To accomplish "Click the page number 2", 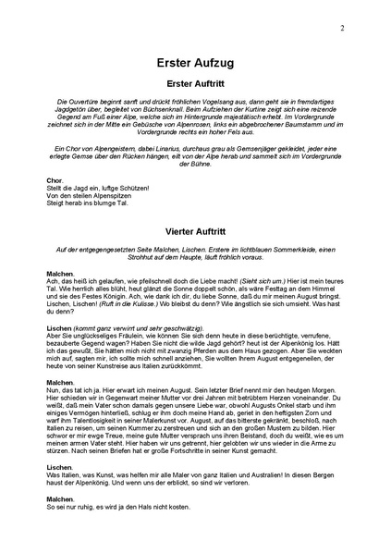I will point(342,29).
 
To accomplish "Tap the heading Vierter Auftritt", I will point(195,222).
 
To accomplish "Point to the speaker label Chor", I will point(55,179).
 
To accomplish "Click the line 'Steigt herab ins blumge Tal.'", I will point(88,203).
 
